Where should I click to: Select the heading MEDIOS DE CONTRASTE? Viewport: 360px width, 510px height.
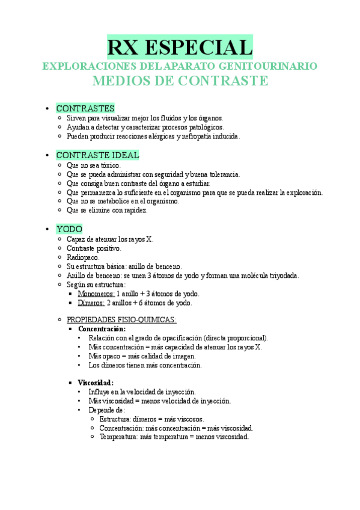tap(180, 81)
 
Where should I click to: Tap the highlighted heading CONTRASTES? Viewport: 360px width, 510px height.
tap(85, 108)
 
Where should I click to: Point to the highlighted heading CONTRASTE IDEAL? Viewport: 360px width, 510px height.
tap(97, 155)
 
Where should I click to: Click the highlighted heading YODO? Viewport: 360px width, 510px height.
tap(69, 229)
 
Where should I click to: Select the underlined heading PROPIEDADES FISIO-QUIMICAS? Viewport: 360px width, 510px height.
tap(121, 319)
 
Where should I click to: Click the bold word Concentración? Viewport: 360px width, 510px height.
tap(102, 329)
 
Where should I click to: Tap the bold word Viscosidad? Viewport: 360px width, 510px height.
tap(96, 382)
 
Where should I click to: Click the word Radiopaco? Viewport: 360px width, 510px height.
tap(83, 257)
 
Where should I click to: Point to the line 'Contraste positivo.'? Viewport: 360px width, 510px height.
tap(94, 248)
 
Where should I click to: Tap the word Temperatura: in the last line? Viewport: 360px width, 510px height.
tap(118, 437)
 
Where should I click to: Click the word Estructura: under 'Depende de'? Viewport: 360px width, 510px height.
tap(115, 419)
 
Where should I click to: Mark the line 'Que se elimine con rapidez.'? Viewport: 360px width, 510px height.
tap(107, 210)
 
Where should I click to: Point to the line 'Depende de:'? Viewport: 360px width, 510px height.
tap(106, 410)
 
